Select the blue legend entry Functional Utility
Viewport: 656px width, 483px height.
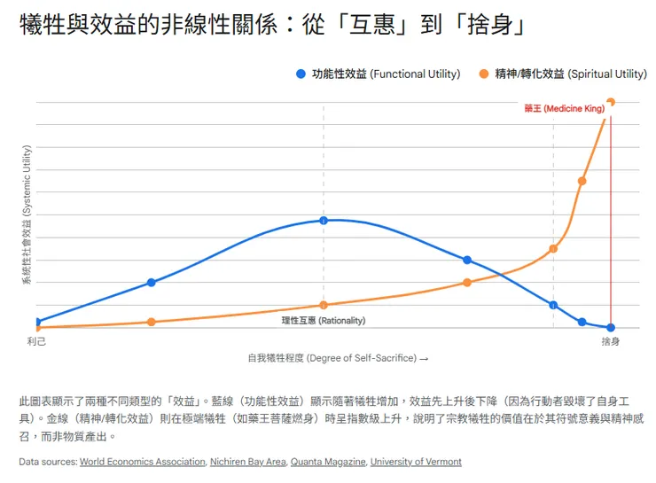click(x=379, y=74)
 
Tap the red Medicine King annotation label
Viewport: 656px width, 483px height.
click(x=564, y=108)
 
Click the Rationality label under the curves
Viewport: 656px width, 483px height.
click(x=323, y=320)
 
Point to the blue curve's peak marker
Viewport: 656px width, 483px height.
click(x=324, y=220)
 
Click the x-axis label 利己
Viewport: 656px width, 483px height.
click(x=36, y=341)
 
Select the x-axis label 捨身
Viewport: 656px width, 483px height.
click(x=610, y=341)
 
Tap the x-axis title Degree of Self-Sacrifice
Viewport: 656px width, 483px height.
click(x=338, y=358)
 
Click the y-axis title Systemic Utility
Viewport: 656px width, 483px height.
click(x=27, y=216)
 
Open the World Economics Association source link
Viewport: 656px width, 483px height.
click(x=143, y=462)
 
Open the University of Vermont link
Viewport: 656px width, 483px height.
click(x=416, y=462)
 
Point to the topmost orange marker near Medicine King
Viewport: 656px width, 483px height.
click(x=610, y=102)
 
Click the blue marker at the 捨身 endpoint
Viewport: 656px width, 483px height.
click(x=610, y=328)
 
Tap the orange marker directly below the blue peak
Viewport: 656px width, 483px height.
click(x=324, y=305)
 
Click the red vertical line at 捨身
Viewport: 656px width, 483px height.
click(x=611, y=222)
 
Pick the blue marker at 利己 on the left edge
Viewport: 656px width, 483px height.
click(x=36, y=322)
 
